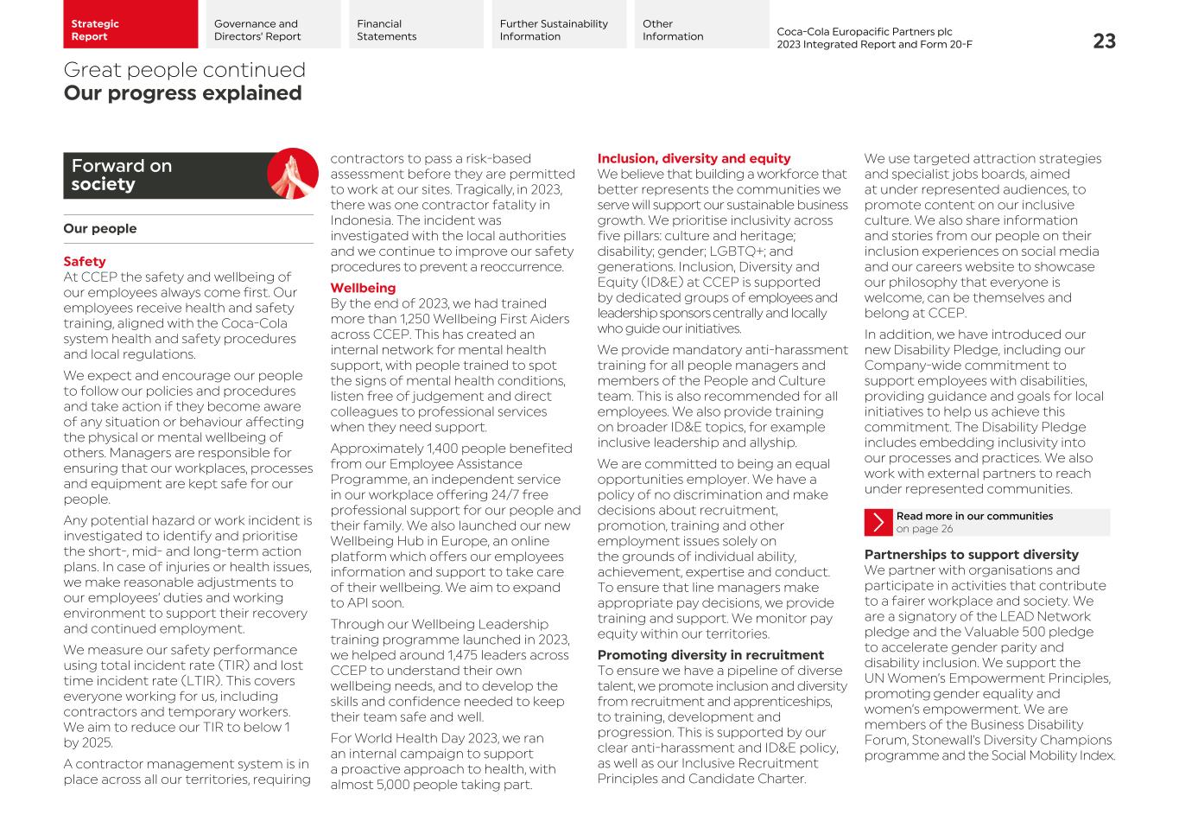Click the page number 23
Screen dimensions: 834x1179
pos(1104,41)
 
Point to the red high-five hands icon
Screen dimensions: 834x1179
pos(293,174)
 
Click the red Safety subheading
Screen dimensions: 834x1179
pos(85,261)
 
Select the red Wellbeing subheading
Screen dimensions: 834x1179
pos(363,288)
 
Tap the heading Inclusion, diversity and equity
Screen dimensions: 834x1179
pos(694,158)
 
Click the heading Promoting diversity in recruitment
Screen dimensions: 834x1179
pos(710,655)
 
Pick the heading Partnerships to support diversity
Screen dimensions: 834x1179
pos(971,554)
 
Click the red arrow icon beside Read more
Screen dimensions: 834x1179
pos(878,522)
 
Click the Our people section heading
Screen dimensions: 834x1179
pos(100,228)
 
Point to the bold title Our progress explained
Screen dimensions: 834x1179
pos(182,93)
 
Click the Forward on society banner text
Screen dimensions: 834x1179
pos(121,175)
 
